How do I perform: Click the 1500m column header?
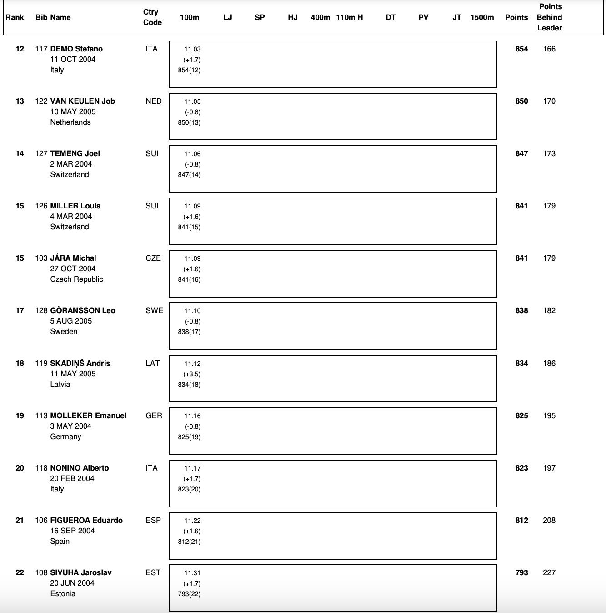(x=482, y=17)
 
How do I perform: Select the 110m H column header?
(x=350, y=17)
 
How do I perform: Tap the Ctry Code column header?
(x=152, y=17)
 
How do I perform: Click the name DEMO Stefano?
(x=76, y=49)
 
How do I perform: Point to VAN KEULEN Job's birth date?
(x=73, y=111)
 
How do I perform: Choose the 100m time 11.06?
(x=192, y=154)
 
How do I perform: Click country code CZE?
(x=153, y=258)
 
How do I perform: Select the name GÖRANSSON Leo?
(x=83, y=310)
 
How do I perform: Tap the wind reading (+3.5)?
(x=192, y=374)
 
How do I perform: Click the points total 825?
(x=521, y=415)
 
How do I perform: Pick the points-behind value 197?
(x=549, y=468)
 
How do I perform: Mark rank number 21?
(x=20, y=520)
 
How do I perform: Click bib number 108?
(x=41, y=572)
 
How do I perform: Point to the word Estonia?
(x=63, y=593)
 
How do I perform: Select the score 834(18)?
(x=189, y=385)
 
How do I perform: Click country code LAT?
(x=152, y=363)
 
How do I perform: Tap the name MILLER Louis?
(x=75, y=206)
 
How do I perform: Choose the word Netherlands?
(x=70, y=122)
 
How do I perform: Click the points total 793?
(x=521, y=572)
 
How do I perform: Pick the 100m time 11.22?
(x=192, y=521)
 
